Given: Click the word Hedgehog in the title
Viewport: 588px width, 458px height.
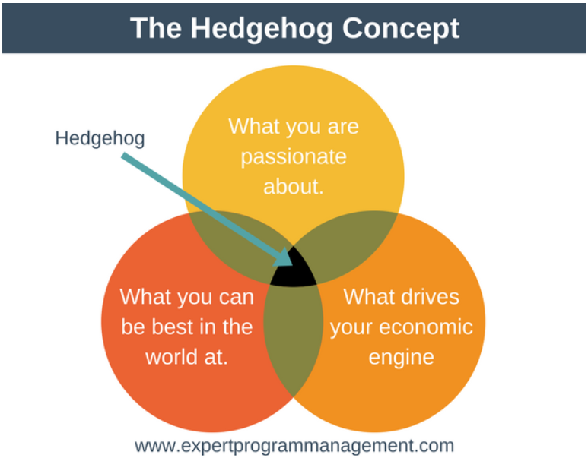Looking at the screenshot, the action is (262, 29).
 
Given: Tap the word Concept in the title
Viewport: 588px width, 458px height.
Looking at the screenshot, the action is (401, 29).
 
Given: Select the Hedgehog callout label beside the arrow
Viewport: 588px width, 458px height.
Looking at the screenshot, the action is (100, 138).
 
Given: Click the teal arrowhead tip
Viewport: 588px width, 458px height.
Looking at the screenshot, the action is (292, 265).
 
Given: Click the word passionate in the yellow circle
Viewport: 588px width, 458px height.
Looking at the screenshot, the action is (294, 156).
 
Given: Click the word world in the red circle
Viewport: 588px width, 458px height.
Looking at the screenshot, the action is (172, 356).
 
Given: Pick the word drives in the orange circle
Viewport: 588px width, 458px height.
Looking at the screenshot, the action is (431, 296).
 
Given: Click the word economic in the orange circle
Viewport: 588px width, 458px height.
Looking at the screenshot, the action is (426, 327).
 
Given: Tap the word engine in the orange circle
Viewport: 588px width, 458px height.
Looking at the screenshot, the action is (401, 358).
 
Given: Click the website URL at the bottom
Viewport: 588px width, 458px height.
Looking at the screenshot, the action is (294, 446).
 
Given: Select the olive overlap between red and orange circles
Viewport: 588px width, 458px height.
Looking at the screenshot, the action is (294, 339).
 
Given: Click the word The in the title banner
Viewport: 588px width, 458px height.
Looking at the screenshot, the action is (156, 28).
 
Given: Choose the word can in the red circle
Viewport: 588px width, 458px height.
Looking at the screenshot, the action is (237, 297).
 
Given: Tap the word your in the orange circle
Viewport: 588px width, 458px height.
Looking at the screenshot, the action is (351, 328).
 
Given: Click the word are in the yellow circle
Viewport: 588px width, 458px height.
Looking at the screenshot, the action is (343, 127).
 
